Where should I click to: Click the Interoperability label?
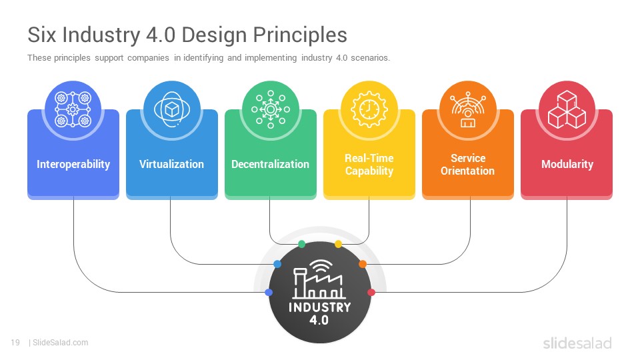point(73,164)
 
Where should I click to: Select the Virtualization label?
point(171,164)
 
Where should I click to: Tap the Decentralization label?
point(270,164)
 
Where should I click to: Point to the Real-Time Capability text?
point(369,165)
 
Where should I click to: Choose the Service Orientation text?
point(468,165)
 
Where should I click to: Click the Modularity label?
point(567,164)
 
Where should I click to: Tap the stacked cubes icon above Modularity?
point(567,109)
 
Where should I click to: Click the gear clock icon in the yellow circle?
point(369,109)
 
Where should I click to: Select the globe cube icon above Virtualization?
point(172,109)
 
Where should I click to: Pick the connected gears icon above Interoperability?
point(73,109)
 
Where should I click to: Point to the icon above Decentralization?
point(270,109)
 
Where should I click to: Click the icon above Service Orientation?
point(468,109)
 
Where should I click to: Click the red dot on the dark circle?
point(371,292)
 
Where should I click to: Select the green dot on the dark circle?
point(301,244)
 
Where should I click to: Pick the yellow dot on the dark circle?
point(338,244)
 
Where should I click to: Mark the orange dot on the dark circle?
point(363,264)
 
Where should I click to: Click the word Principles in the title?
point(300,35)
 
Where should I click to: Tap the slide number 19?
point(15,343)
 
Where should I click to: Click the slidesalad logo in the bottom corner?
point(577,343)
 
